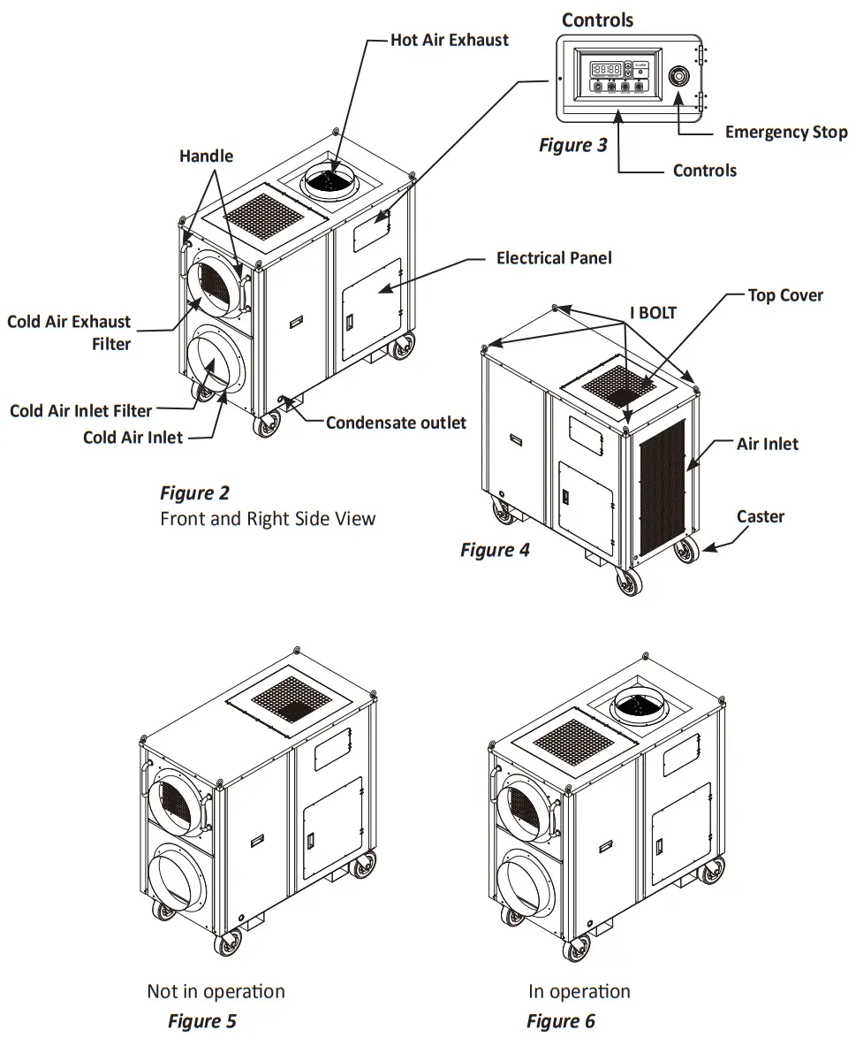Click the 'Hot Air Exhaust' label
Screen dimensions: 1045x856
coord(450,41)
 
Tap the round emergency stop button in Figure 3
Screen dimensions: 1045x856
coord(679,76)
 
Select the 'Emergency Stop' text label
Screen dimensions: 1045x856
coord(785,133)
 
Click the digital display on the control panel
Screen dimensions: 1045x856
coord(607,68)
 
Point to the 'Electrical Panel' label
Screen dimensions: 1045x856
coord(554,258)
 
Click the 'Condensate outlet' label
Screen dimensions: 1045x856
coord(396,423)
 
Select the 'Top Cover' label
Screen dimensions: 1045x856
coord(785,295)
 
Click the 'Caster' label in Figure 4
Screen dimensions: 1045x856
coord(760,516)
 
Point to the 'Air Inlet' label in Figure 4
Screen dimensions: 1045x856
coord(767,444)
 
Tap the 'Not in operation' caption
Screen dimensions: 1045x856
coord(216,991)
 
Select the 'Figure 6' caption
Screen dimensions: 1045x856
coord(561,1021)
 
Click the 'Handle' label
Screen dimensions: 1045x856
coord(206,156)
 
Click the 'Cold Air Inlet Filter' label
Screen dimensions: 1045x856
coord(80,411)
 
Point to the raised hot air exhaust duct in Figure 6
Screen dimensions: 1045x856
coord(638,704)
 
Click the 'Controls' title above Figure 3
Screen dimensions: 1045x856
coord(597,19)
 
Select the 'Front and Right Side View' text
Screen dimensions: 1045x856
coord(268,518)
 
